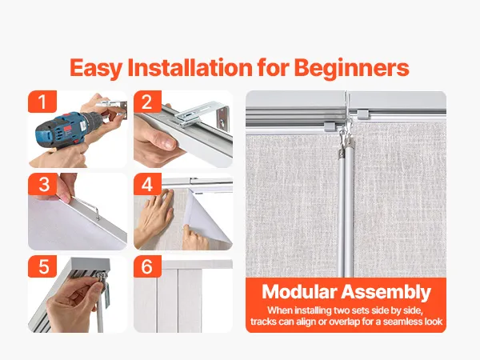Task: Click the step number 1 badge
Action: click(42, 102)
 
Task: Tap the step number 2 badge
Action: click(147, 102)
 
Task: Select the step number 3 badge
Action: click(43, 184)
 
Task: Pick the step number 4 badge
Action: click(147, 184)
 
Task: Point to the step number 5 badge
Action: click(43, 266)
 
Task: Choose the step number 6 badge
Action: click(147, 266)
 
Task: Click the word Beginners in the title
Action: click(352, 68)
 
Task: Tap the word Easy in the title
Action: click(96, 69)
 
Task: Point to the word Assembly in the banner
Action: click(386, 293)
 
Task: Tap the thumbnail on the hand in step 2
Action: click(169, 142)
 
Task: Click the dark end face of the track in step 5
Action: click(90, 263)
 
